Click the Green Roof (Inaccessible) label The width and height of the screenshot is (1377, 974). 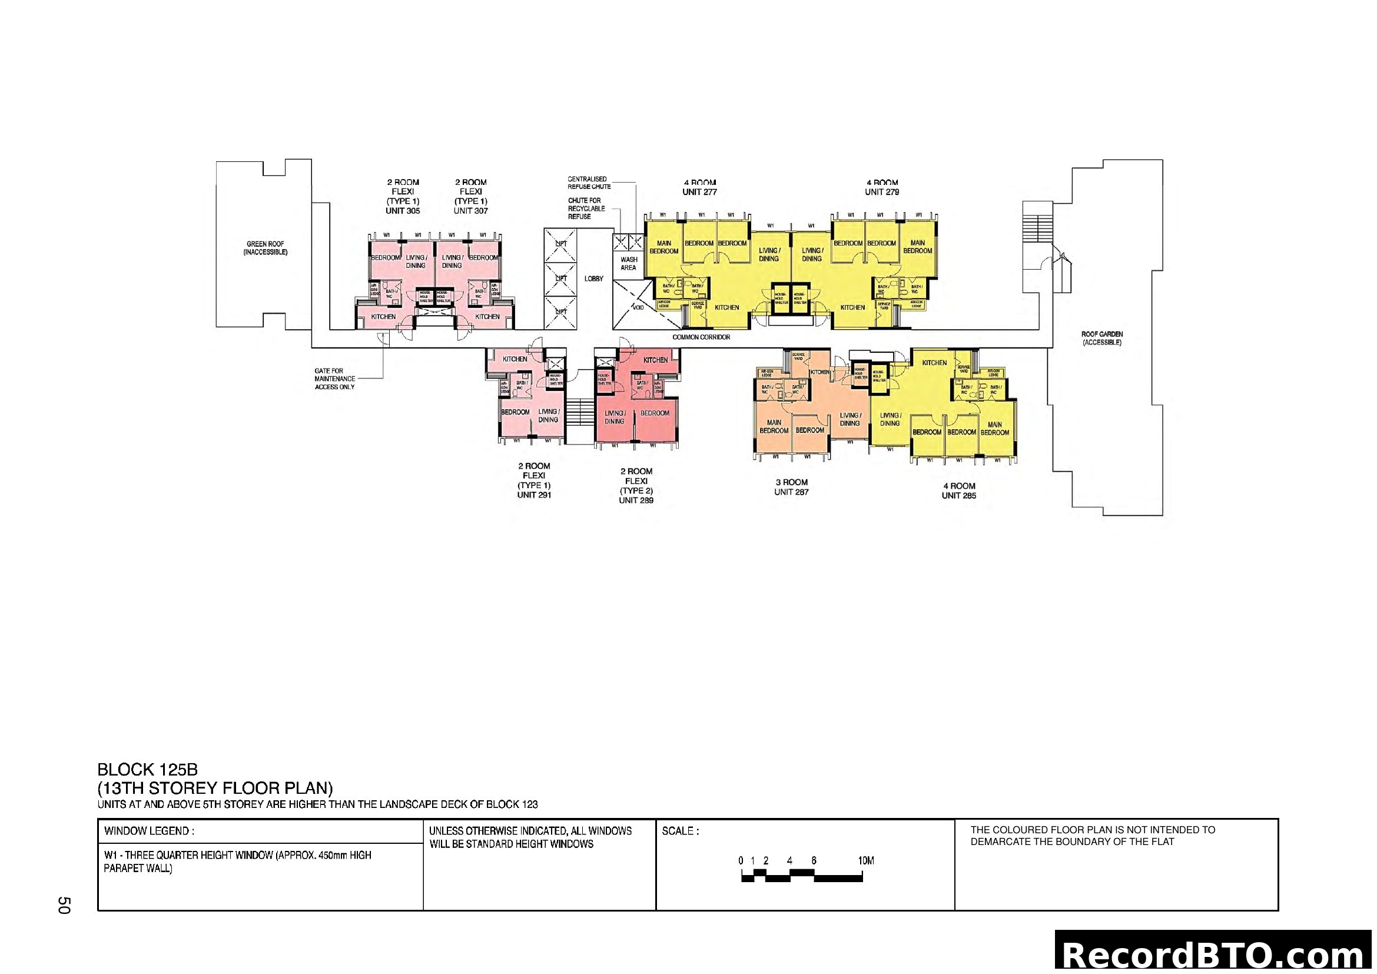click(265, 249)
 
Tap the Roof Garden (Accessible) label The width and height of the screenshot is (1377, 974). click(1101, 338)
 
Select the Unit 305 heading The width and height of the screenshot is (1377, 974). click(403, 210)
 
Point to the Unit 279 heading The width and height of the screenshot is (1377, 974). click(882, 192)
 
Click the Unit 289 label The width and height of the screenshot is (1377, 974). click(636, 500)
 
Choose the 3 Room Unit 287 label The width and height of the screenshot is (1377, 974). click(791, 487)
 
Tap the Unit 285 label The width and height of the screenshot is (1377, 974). click(958, 495)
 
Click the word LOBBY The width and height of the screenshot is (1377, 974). click(594, 279)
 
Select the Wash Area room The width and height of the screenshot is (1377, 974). click(629, 263)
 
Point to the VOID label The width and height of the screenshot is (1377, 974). click(638, 307)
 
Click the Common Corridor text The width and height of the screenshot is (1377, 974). click(701, 337)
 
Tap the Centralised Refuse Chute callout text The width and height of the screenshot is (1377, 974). click(589, 183)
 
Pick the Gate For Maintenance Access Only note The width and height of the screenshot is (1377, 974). click(334, 379)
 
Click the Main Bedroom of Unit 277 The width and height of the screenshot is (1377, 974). click(663, 247)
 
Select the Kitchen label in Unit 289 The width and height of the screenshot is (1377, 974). click(655, 360)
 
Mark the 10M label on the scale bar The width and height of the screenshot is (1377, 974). click(865, 861)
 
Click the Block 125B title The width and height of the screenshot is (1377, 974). click(148, 770)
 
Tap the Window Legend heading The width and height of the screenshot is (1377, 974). click(149, 831)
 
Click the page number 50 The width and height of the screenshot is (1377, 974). click(64, 905)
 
